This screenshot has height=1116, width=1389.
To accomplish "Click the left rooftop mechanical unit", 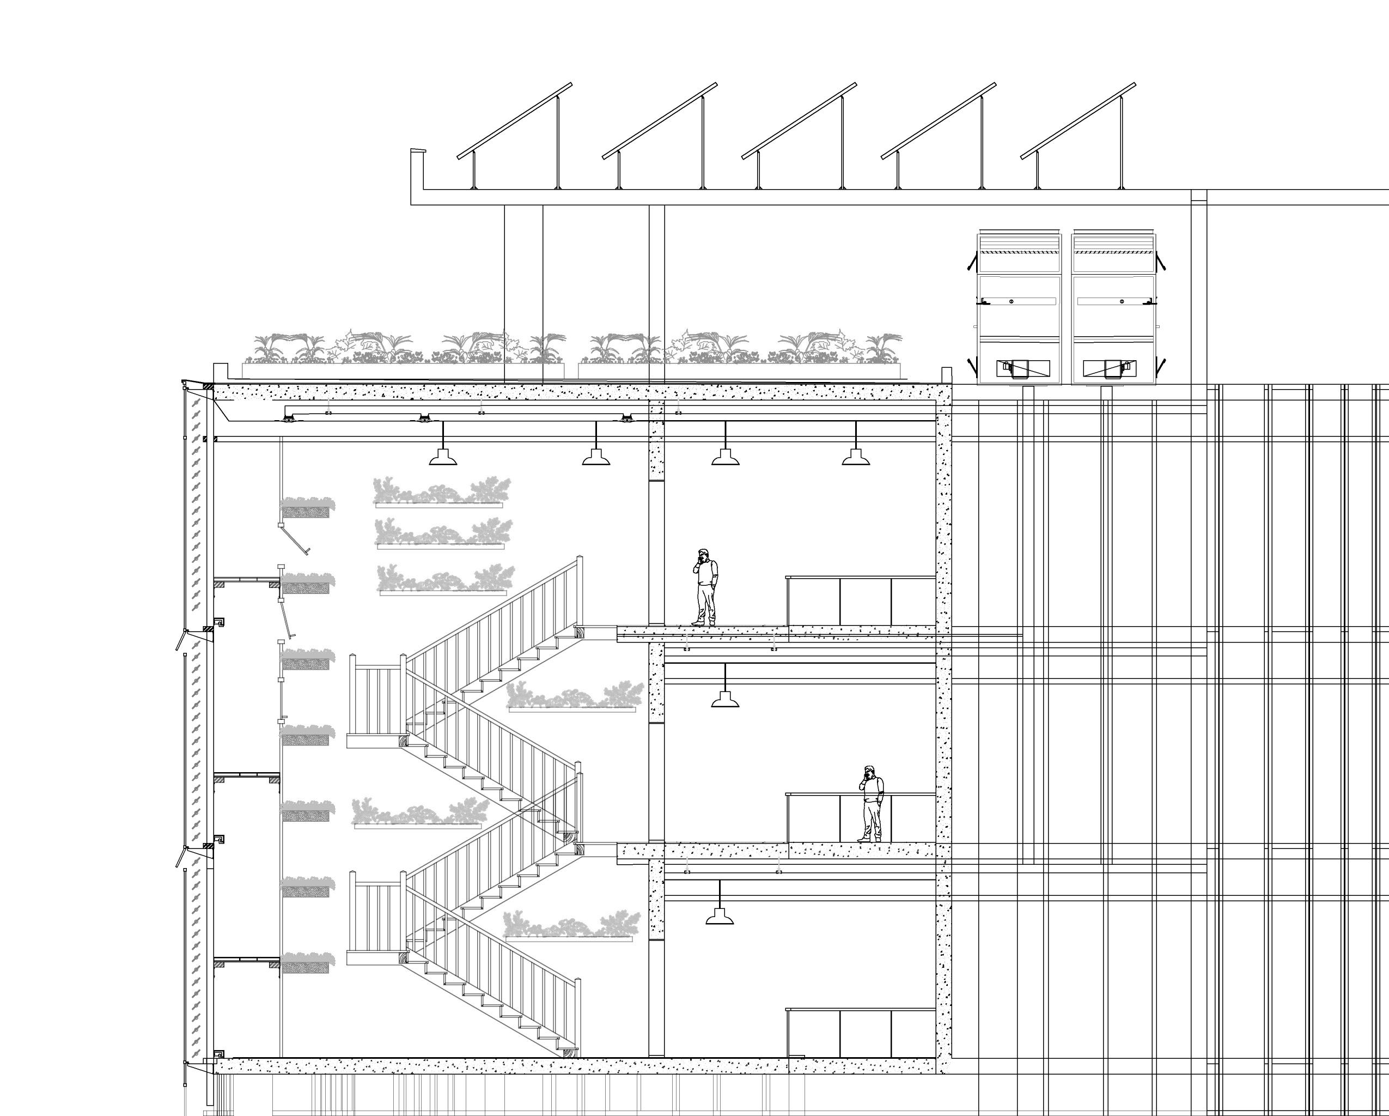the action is pyautogui.click(x=1019, y=308).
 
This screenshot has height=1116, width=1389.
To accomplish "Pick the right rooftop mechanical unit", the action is pyautogui.click(x=1114, y=308).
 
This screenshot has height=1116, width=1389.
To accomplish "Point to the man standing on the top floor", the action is pyautogui.click(x=705, y=587).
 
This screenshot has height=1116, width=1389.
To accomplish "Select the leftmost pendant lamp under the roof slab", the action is pyautogui.click(x=443, y=457).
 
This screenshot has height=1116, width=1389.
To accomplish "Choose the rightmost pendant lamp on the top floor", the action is pyautogui.click(x=856, y=457).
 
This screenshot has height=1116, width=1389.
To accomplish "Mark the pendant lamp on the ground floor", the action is pyautogui.click(x=720, y=915).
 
